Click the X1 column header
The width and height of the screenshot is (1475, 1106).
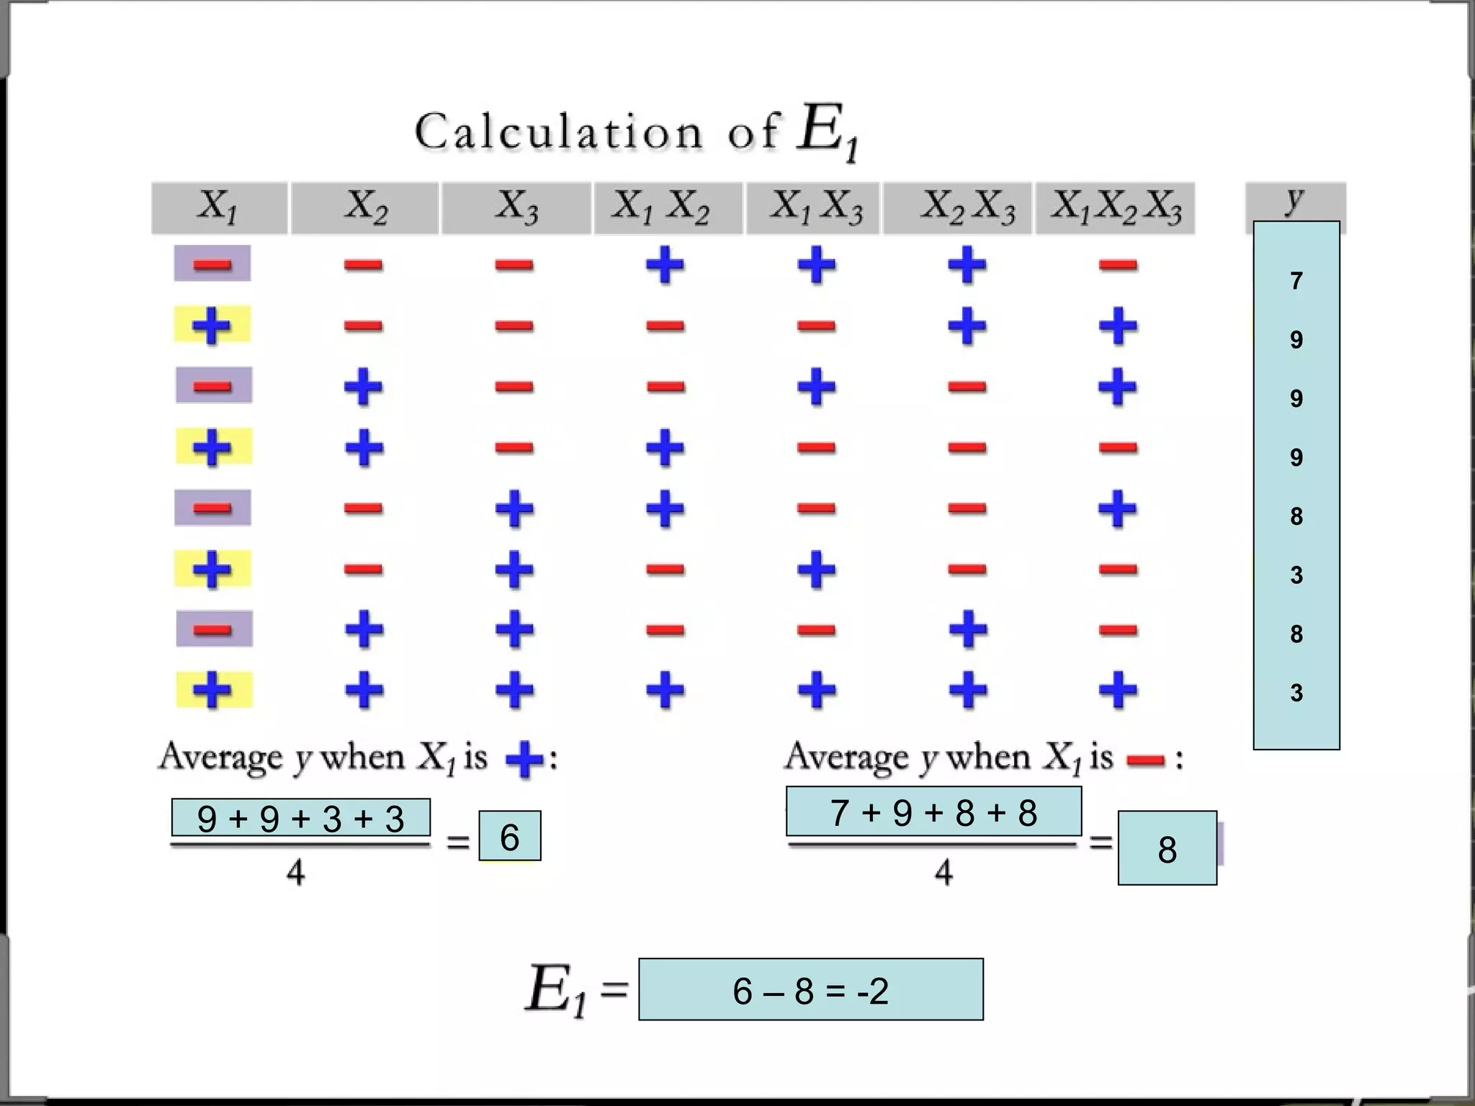218,207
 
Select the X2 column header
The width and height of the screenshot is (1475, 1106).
365,207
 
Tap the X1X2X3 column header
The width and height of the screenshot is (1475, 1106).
1116,207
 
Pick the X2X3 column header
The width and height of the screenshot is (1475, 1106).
967,207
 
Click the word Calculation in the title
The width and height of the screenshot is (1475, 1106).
558,132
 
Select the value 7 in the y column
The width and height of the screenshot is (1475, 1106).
1296,281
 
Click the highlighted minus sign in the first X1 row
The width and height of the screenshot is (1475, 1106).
212,264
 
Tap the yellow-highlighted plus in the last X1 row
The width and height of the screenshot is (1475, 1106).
213,690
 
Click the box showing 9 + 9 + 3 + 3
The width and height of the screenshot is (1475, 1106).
301,818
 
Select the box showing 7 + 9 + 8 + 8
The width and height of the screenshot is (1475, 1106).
933,812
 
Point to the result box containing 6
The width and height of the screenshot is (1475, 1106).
510,837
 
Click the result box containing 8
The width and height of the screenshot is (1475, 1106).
1167,849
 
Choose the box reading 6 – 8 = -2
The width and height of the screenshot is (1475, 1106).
810,990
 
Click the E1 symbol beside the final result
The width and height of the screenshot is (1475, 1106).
555,992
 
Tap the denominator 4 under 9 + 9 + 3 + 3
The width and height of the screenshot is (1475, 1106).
296,873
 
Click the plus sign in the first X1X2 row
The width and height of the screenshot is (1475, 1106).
665,264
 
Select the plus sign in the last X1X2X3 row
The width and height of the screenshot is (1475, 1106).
1118,690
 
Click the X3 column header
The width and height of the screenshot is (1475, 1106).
516,207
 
